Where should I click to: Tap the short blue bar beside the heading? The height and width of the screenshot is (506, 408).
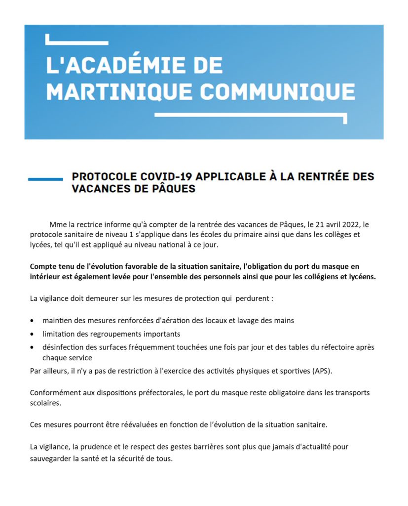(x=45, y=179)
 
